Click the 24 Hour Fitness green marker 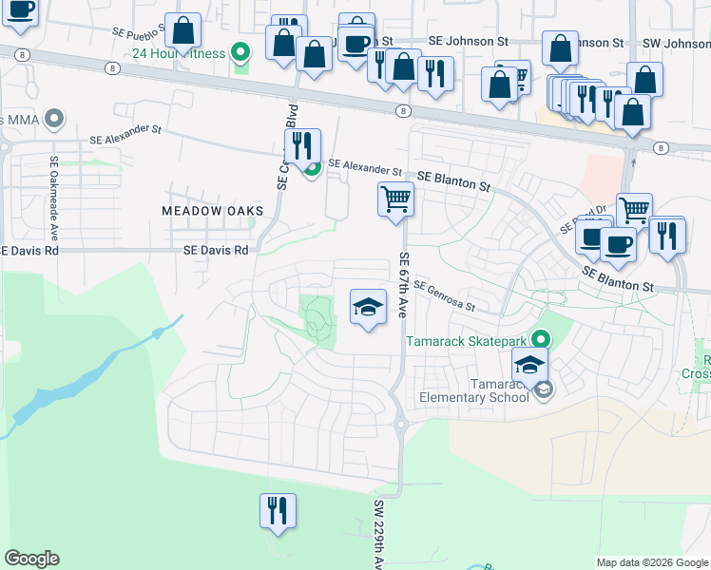[x=241, y=53]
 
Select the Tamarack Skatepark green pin [x=541, y=338]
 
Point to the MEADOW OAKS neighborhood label [x=204, y=210]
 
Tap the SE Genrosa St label [x=443, y=296]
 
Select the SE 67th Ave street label [x=404, y=285]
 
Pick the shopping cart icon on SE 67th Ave [x=396, y=199]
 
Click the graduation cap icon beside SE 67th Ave [x=369, y=307]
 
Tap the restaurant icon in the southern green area [x=278, y=510]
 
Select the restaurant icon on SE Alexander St [x=303, y=146]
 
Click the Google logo [x=31, y=559]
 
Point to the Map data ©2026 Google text [x=652, y=562]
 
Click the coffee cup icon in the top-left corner [x=19, y=12]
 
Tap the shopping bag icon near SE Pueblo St [x=183, y=31]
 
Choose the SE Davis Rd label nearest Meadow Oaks [x=216, y=250]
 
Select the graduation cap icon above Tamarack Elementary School [x=530, y=364]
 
